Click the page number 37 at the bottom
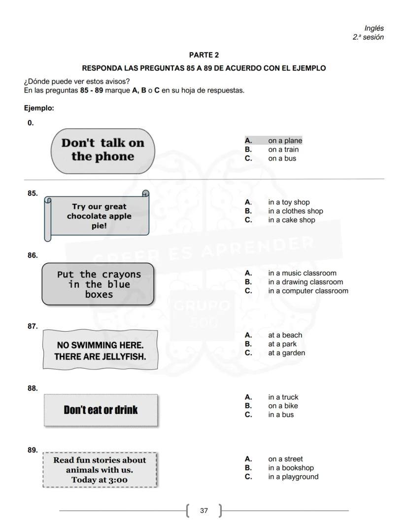click(204, 511)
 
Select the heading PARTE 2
click(204, 55)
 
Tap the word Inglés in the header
click(374, 29)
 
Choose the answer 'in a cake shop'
click(292, 220)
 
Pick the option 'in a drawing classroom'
click(306, 282)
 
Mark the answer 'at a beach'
click(285, 335)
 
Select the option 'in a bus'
click(281, 415)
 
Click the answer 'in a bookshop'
click(291, 468)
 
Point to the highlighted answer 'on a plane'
click(285, 141)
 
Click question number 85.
click(33, 193)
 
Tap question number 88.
click(33, 388)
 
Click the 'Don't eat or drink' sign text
click(101, 410)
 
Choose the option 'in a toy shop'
click(289, 202)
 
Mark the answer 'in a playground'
click(293, 477)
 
